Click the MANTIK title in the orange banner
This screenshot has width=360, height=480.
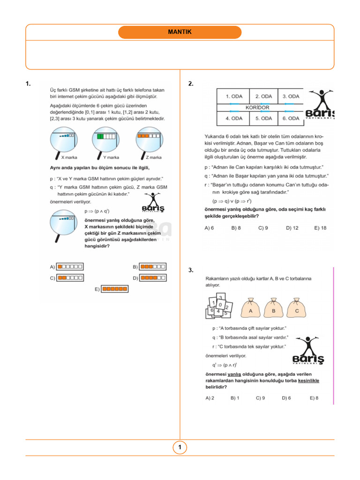point(180,32)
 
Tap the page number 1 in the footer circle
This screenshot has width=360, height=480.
point(180,448)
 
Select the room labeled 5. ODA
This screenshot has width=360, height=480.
point(263,119)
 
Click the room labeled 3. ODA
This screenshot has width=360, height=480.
point(291,97)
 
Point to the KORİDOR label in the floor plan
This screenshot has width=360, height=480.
point(257,107)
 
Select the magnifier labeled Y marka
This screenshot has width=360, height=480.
point(107,141)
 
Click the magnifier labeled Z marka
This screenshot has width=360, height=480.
point(150,141)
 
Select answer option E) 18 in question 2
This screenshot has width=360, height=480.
point(320,228)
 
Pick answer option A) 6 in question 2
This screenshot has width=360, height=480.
point(210,228)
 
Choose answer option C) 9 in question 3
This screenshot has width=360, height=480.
point(261,398)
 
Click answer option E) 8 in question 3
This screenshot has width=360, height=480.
point(314,398)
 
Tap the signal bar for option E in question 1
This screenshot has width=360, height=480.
point(115,289)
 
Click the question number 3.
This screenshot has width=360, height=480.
point(191,270)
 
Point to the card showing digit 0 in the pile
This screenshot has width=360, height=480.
point(220,305)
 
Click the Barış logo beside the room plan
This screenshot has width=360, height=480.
point(320,106)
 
